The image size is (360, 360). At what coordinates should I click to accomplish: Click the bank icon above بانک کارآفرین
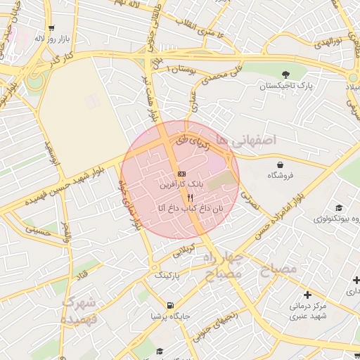pyautogui.click(x=181, y=173)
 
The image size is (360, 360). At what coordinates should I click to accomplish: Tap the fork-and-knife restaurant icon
pyautogui.click(x=181, y=198)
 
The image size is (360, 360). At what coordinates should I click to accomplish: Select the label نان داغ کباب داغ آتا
pyautogui.click(x=180, y=209)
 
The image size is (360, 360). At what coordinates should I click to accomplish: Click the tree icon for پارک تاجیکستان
pyautogui.click(x=285, y=75)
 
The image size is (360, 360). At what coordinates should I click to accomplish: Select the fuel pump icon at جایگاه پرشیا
pyautogui.click(x=169, y=305)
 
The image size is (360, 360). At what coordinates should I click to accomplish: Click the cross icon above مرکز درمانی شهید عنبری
pyautogui.click(x=307, y=294)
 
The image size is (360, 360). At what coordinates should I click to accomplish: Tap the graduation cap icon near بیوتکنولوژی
pyautogui.click(x=339, y=207)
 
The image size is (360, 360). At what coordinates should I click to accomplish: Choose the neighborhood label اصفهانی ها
pyautogui.click(x=246, y=141)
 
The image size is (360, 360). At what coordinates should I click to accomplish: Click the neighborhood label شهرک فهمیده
pyautogui.click(x=79, y=310)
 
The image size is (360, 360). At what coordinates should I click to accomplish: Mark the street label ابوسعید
pyautogui.click(x=54, y=155)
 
